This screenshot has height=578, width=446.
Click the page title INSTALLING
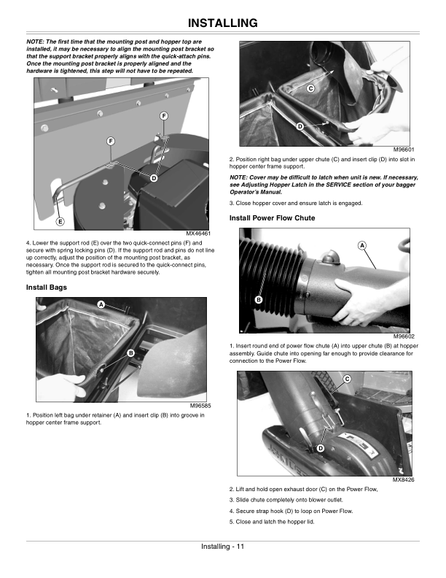[x=223, y=23]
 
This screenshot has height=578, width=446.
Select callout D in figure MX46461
[x=154, y=178]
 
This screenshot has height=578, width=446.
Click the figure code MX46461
[x=198, y=234]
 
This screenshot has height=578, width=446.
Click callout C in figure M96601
[x=310, y=88]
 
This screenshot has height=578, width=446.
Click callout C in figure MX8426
[x=347, y=378]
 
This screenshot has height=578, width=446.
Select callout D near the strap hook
[x=318, y=447]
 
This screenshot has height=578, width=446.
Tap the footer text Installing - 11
[x=223, y=547]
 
